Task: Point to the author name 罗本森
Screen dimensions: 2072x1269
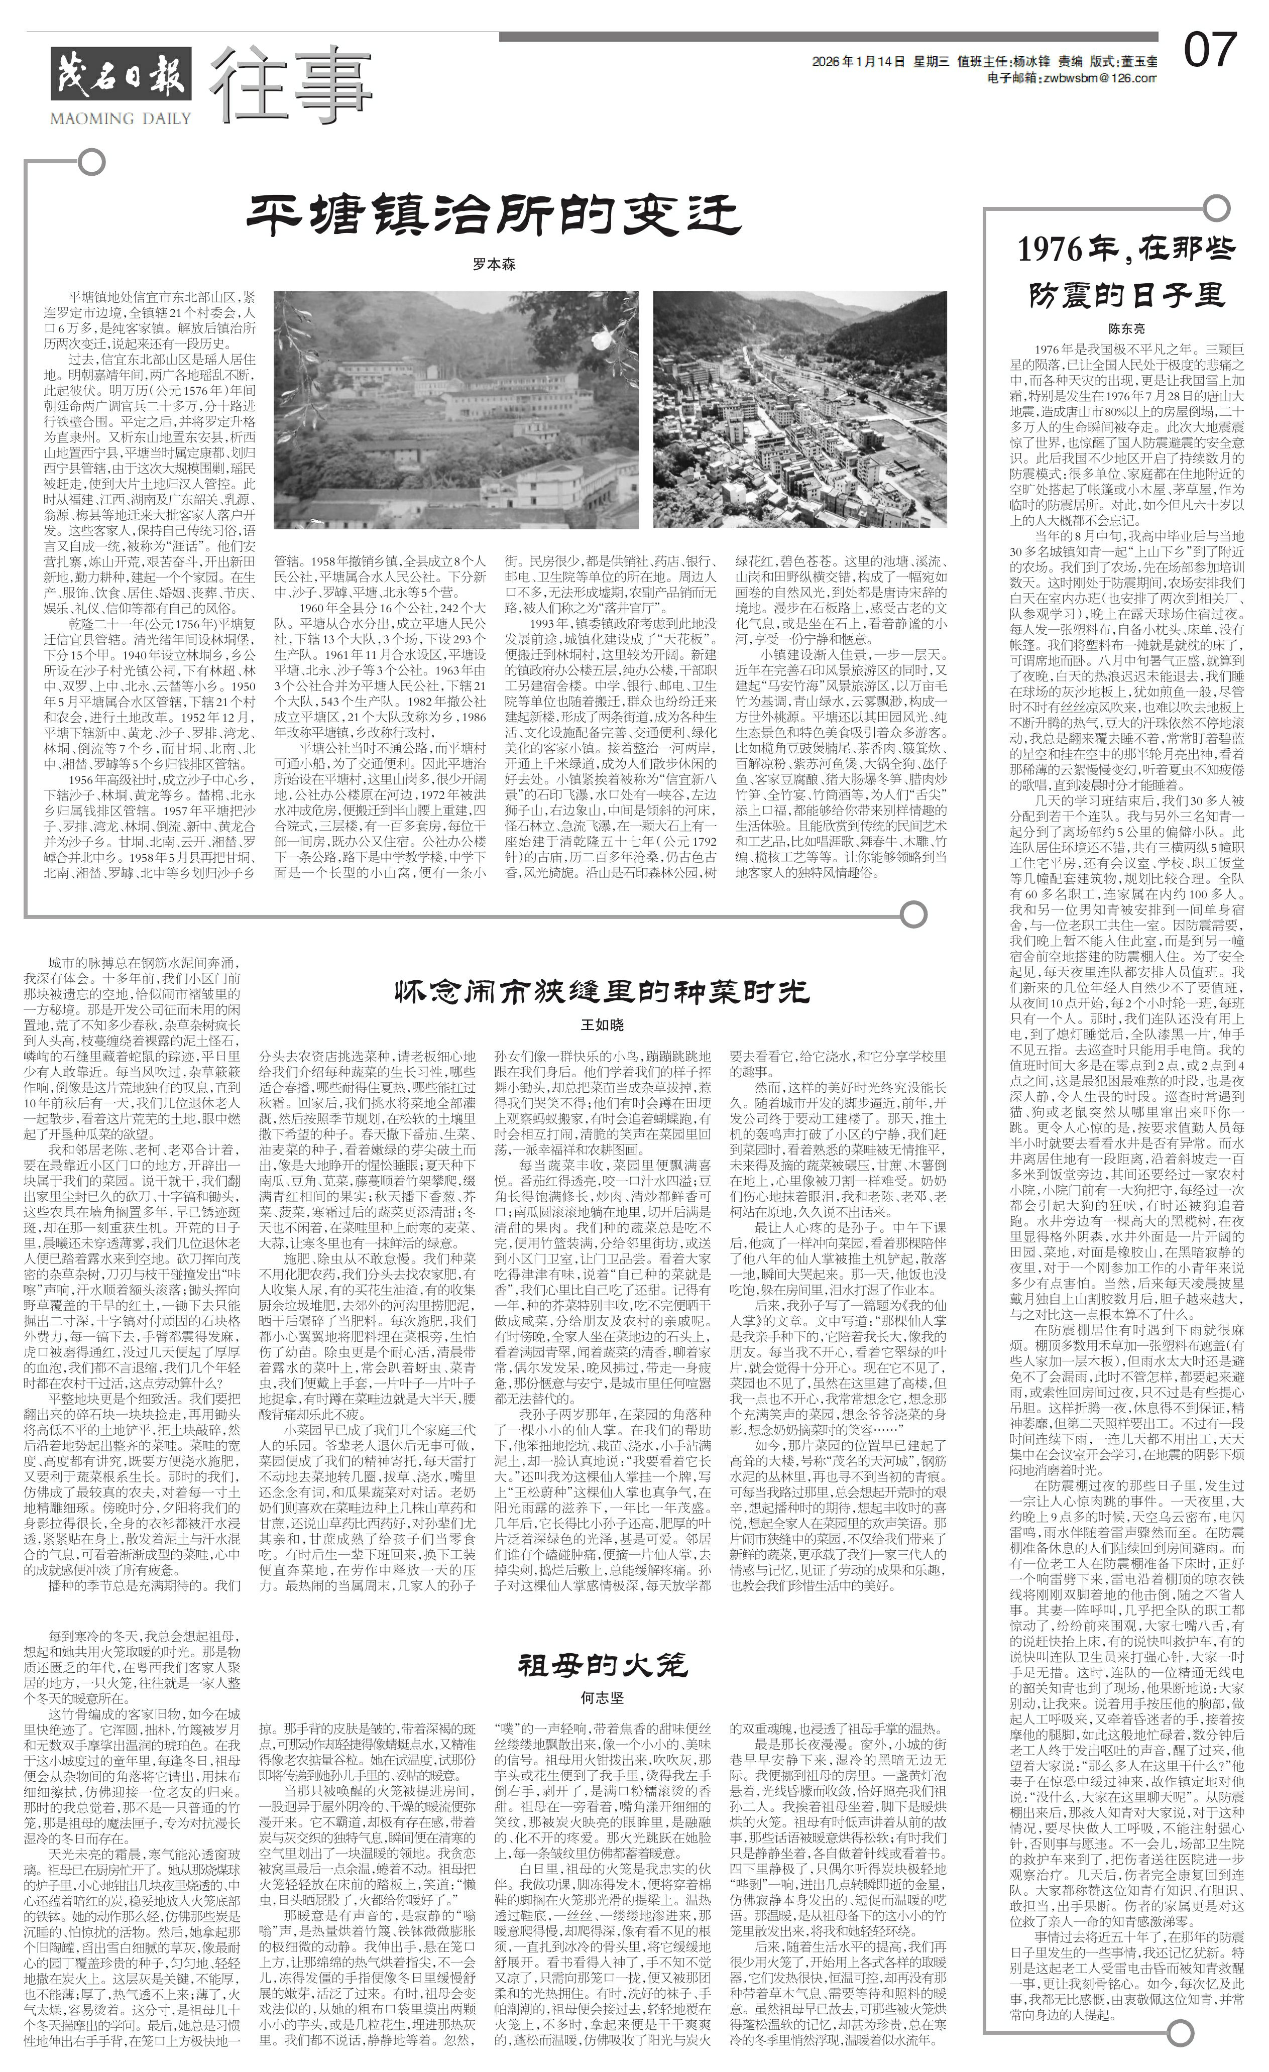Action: coord(493,264)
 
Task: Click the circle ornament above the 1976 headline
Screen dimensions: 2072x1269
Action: coord(1214,206)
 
